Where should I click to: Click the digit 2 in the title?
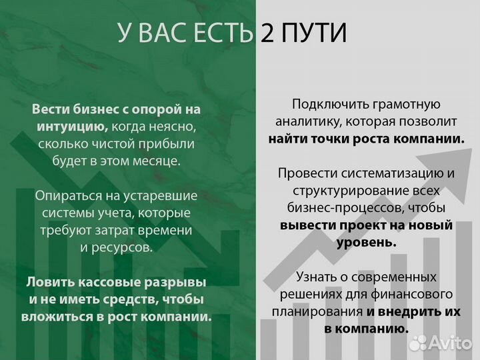point(269,33)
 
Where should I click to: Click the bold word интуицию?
point(73,126)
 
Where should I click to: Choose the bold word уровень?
point(367,243)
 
